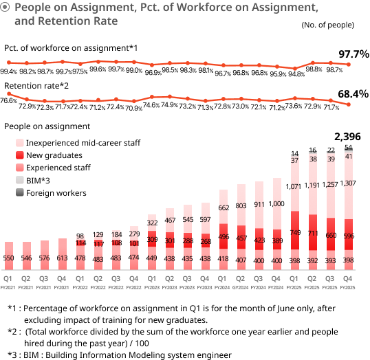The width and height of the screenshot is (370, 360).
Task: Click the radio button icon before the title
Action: pyautogui.click(x=6, y=8)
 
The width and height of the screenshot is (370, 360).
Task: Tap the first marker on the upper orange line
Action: pyautogui.click(x=9, y=63)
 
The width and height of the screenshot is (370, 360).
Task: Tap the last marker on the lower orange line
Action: pyautogui.click(x=349, y=104)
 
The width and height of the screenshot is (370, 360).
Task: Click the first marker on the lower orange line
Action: pyautogui.click(x=9, y=93)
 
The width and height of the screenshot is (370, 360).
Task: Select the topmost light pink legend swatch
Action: pyautogui.click(x=20, y=143)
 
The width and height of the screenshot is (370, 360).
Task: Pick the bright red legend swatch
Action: pyautogui.click(x=20, y=155)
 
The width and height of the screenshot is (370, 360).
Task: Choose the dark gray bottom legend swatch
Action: pyautogui.click(x=20, y=192)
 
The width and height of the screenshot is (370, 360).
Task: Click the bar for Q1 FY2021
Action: pyautogui.click(x=9, y=256)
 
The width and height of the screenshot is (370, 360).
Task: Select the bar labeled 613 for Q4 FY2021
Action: pyautogui.click(x=63, y=254)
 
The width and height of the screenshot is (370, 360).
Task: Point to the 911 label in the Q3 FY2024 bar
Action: pyautogui.click(x=259, y=205)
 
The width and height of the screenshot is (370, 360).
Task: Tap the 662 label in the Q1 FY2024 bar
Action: pyautogui.click(x=224, y=207)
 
